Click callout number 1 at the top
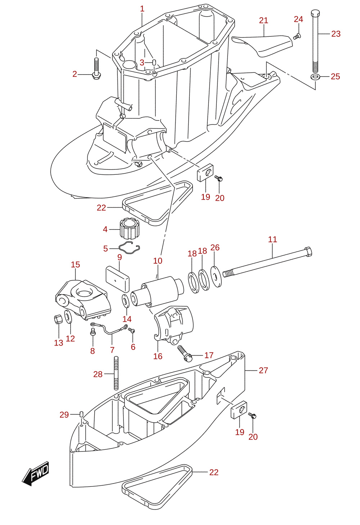142,9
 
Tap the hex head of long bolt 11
308,252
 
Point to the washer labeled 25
315,77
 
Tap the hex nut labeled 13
58,319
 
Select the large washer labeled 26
216,277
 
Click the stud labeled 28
116,373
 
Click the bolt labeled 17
185,354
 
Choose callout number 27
263,370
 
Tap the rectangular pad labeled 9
117,279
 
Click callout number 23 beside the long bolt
336,34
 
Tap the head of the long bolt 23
315,13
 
